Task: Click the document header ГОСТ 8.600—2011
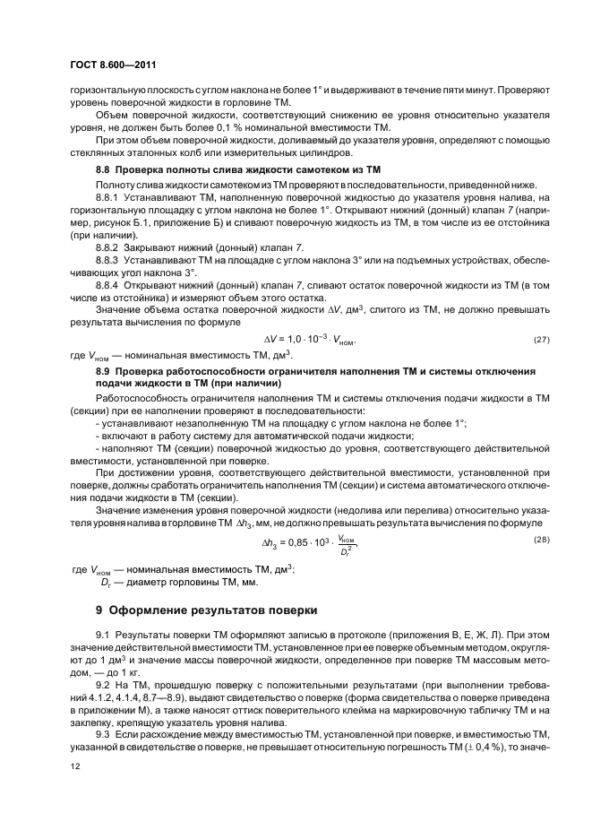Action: pos(107,65)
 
